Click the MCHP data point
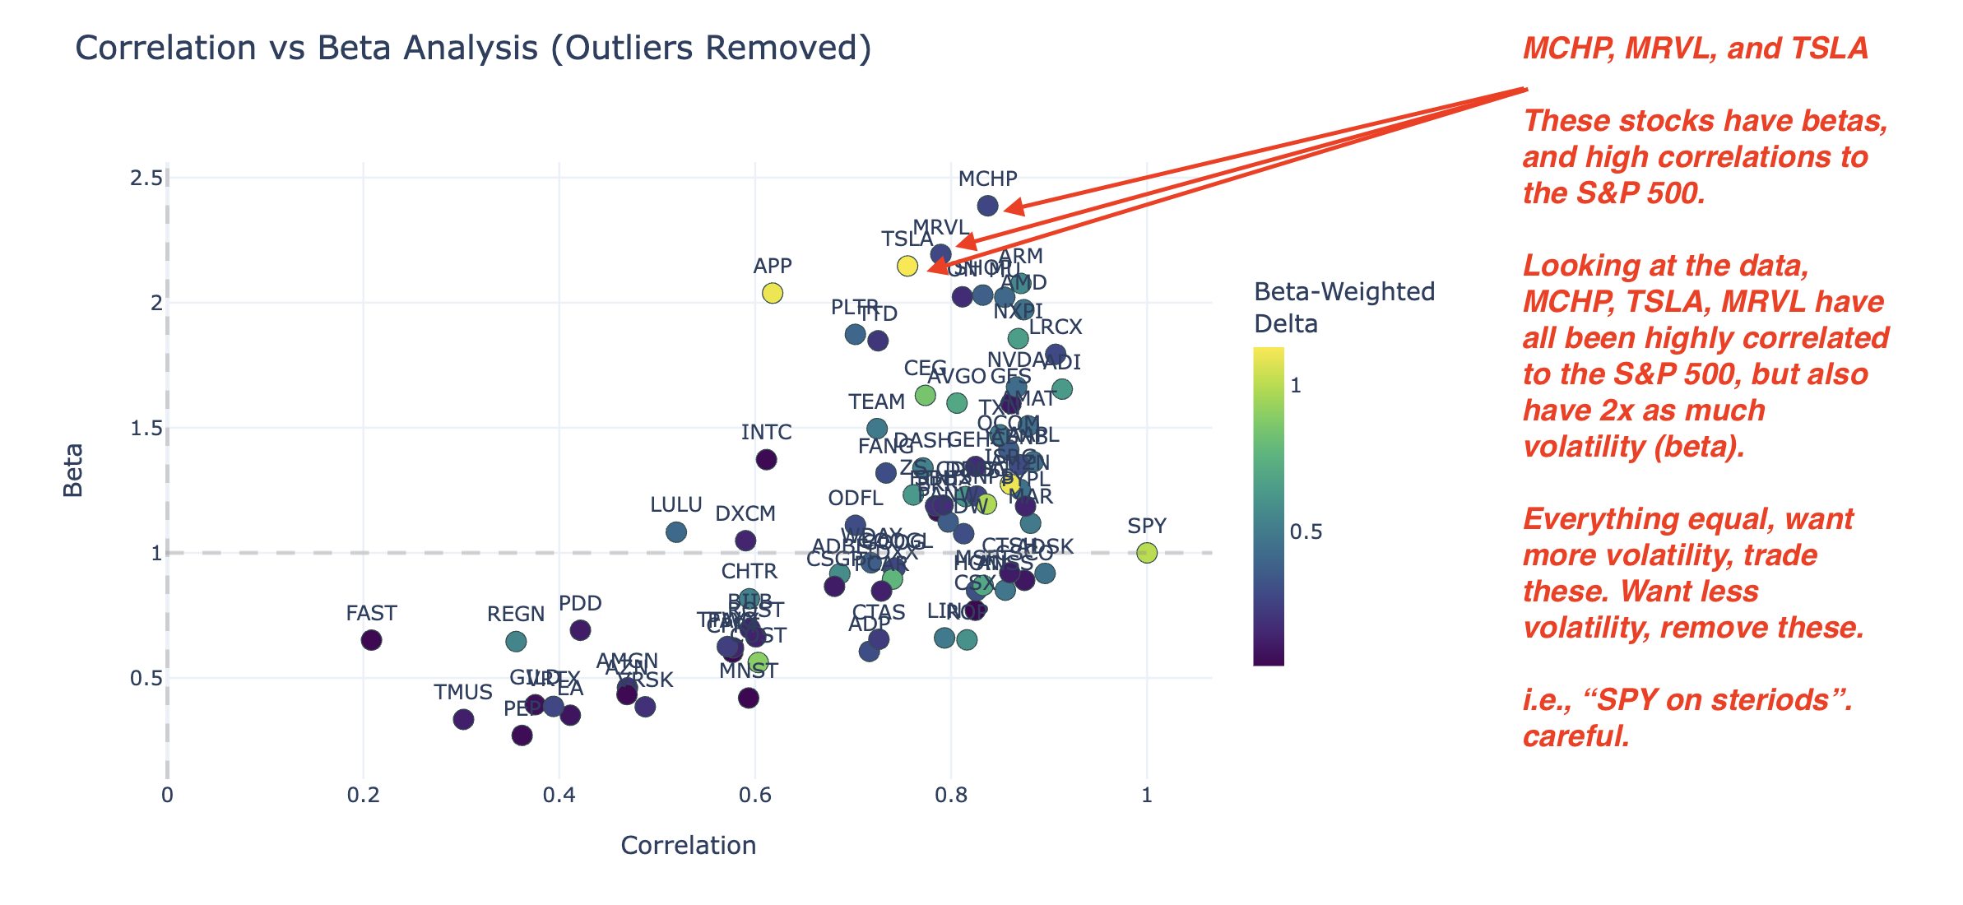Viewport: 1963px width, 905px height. [988, 206]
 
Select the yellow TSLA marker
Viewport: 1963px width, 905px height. [907, 266]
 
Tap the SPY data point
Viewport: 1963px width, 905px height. [1147, 553]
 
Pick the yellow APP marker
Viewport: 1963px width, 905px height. [773, 293]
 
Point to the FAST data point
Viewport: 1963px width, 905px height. [372, 640]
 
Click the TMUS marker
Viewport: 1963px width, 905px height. [464, 720]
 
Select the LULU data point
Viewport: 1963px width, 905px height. [676, 532]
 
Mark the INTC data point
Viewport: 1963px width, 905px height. [767, 460]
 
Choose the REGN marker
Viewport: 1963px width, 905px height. [516, 641]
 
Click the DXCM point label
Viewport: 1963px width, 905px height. [745, 514]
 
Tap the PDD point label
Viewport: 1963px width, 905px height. [580, 604]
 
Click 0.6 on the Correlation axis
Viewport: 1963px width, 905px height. [755, 796]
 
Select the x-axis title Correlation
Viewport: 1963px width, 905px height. [689, 846]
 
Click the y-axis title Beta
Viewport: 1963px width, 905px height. [73, 470]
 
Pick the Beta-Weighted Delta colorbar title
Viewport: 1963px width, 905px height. [1344, 308]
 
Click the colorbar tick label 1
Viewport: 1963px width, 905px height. [1296, 386]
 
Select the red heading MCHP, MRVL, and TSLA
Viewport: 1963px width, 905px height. [1696, 49]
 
